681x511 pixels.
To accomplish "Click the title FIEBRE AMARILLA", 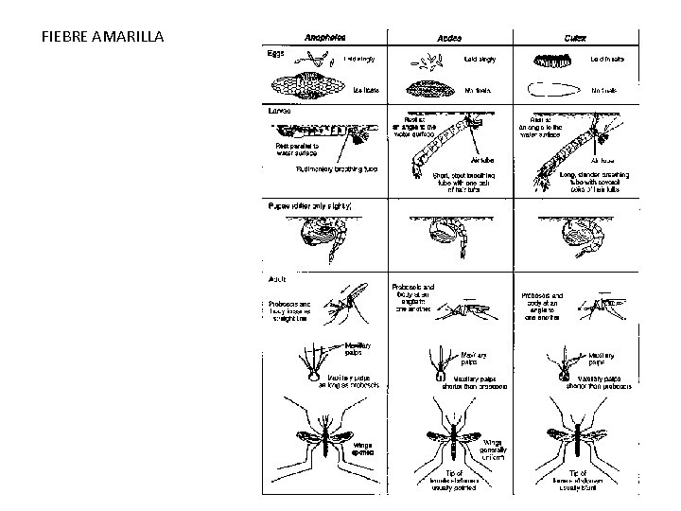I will [x=104, y=38].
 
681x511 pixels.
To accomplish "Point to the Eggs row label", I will [x=274, y=53].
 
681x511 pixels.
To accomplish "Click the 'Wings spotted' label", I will [x=364, y=449].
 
